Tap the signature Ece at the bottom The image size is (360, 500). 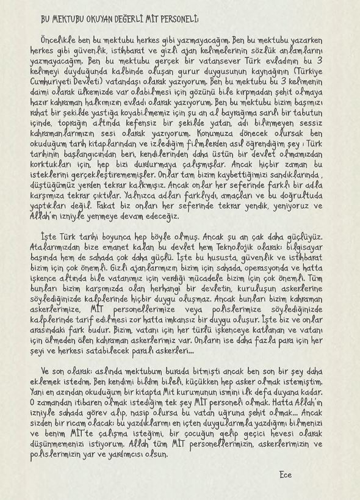click(284, 474)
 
